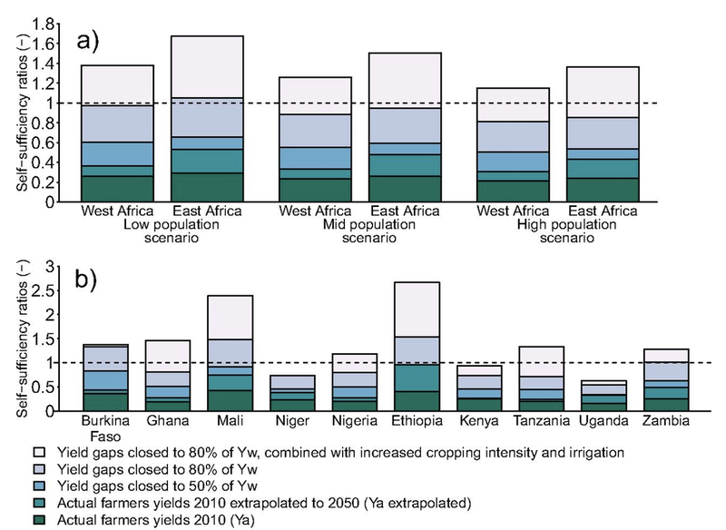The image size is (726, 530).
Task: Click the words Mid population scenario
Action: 350,232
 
